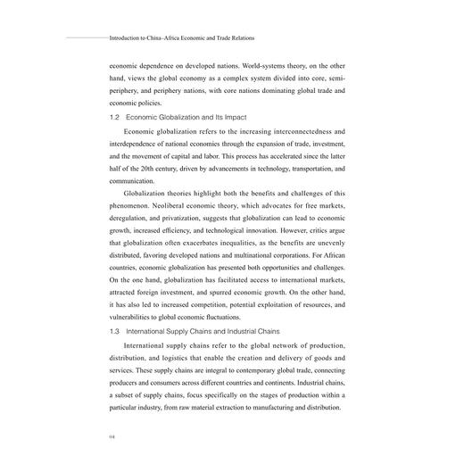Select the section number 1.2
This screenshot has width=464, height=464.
point(115,117)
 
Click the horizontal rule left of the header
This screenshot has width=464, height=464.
point(85,38)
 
